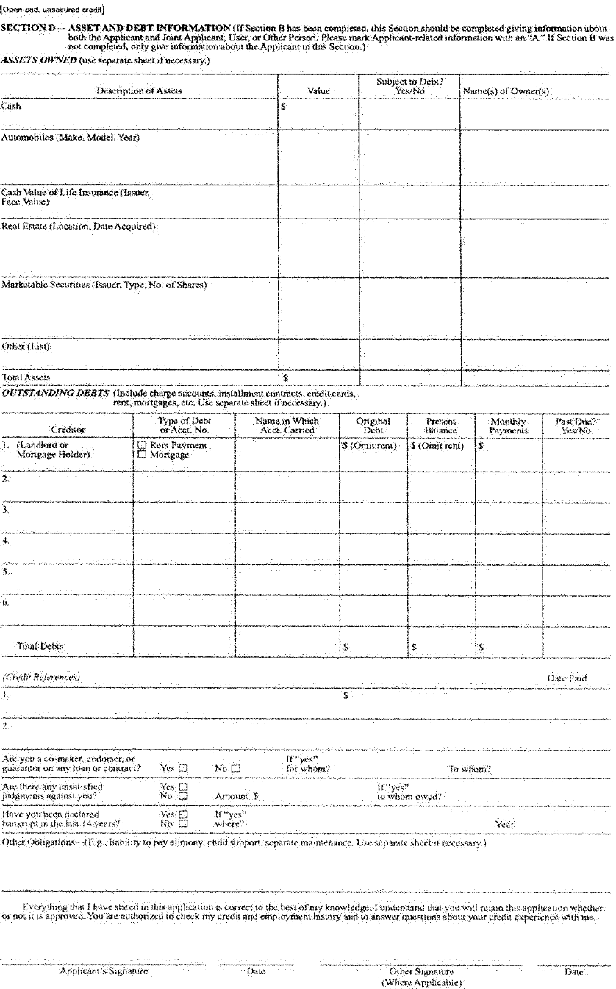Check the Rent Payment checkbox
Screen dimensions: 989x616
(x=142, y=445)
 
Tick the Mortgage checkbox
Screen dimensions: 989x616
(x=142, y=454)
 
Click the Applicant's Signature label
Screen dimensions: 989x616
(x=104, y=971)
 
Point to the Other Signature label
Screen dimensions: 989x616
(x=421, y=972)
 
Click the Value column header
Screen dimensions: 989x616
(x=318, y=91)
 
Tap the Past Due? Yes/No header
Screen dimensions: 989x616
(x=576, y=426)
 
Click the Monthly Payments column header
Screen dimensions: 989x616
(x=508, y=426)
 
